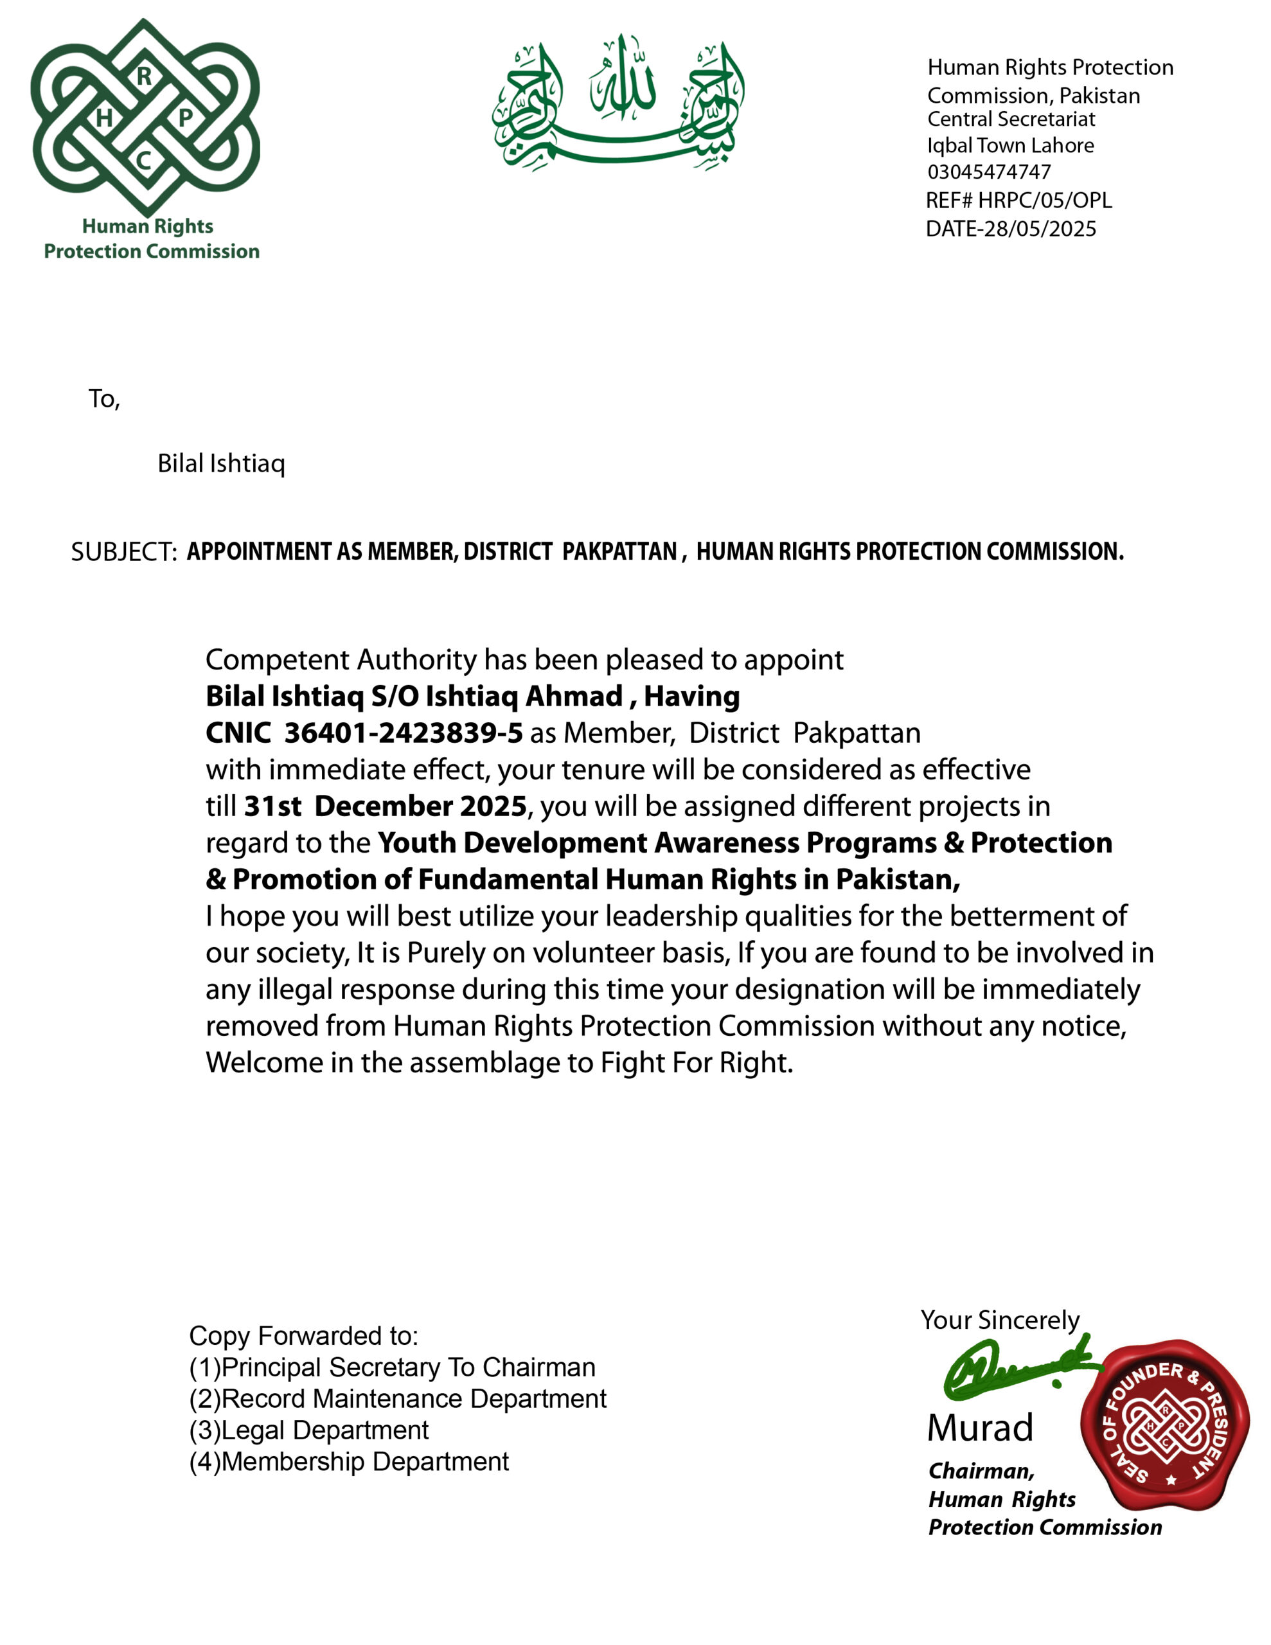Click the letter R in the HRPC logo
point(144,75)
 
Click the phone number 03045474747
point(988,172)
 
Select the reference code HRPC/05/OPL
point(1044,200)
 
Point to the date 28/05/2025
point(1040,229)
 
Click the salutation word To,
point(104,398)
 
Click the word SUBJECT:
point(123,552)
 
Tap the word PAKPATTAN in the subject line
point(619,551)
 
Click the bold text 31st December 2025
point(385,806)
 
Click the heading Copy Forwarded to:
point(303,1335)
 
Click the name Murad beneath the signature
point(979,1428)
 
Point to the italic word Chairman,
point(981,1470)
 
